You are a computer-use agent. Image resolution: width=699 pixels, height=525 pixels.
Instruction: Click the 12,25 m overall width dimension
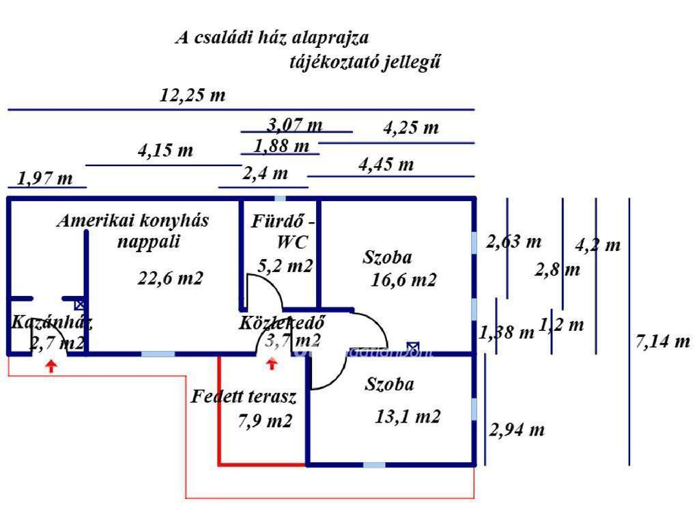pyautogui.click(x=192, y=96)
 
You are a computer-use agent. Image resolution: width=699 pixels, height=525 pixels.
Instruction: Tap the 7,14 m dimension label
pyautogui.click(x=662, y=341)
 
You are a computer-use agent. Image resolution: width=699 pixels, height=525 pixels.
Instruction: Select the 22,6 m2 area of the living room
pyautogui.click(x=171, y=278)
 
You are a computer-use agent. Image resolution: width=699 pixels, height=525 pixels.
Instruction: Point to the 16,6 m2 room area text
pyautogui.click(x=404, y=280)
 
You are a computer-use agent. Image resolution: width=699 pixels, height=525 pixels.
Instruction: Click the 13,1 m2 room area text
pyautogui.click(x=408, y=416)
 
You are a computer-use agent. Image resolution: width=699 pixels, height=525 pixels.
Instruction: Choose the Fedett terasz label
pyautogui.click(x=243, y=396)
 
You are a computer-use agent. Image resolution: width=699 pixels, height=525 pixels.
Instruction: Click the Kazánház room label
pyautogui.click(x=52, y=323)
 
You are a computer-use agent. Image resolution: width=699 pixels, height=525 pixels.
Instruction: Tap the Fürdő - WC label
pyautogui.click(x=284, y=231)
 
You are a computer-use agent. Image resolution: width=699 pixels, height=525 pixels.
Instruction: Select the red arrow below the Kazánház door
pyautogui.click(x=51, y=366)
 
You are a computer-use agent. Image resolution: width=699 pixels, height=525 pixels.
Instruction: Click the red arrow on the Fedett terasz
pyautogui.click(x=272, y=364)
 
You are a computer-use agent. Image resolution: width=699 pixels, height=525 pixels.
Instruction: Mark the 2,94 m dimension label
pyautogui.click(x=517, y=431)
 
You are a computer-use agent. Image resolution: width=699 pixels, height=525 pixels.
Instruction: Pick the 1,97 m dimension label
pyautogui.click(x=45, y=179)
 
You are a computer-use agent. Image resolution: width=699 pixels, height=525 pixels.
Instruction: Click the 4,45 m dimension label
pyautogui.click(x=386, y=165)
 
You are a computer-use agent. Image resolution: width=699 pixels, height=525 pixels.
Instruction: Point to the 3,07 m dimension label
pyautogui.click(x=295, y=125)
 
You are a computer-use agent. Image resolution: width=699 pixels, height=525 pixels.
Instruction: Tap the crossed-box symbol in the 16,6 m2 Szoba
pyautogui.click(x=412, y=347)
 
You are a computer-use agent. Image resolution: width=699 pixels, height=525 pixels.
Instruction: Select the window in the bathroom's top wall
pyautogui.click(x=280, y=198)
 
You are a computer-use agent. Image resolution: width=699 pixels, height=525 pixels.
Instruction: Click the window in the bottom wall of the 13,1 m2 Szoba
pyautogui.click(x=373, y=466)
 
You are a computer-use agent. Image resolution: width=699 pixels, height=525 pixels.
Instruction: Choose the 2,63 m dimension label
pyautogui.click(x=513, y=241)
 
